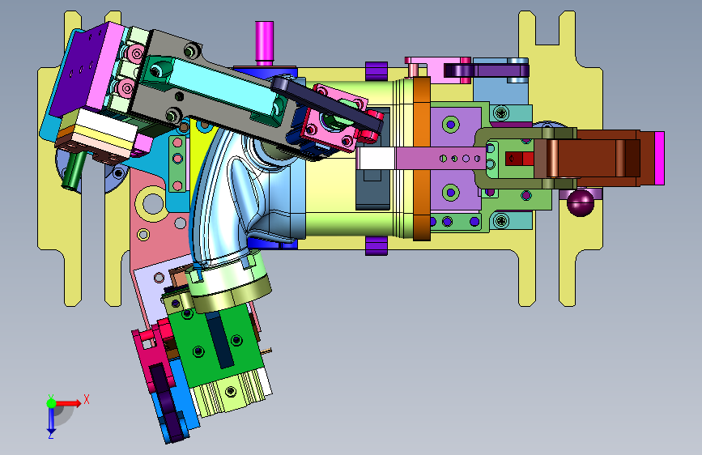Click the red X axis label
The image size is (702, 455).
point(87,399)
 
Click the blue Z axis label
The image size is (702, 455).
point(50,435)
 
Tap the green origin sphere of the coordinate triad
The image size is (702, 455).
point(52,403)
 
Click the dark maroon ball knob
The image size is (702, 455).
point(581,202)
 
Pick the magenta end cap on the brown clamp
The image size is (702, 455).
point(659,158)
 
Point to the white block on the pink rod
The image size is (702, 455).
point(376,159)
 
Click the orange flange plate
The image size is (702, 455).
point(421,159)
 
